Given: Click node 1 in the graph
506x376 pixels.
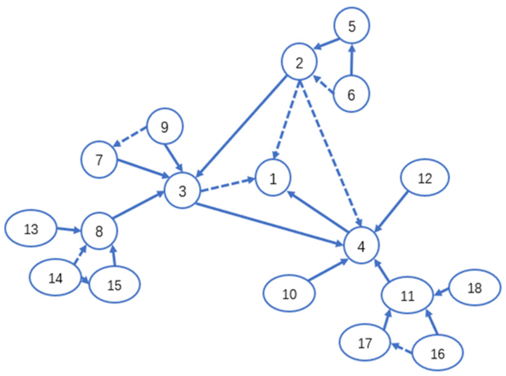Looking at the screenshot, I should [273, 178].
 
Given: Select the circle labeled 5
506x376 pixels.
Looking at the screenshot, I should [352, 25].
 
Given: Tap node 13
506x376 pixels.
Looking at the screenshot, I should [30, 228].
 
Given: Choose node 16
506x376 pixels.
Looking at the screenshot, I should [437, 353].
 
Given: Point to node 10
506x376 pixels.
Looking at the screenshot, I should [289, 294].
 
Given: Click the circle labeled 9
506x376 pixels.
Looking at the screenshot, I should [164, 127].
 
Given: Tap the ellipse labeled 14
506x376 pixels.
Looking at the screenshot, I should [55, 277].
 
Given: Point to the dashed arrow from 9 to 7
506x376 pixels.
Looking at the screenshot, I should [130, 137].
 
